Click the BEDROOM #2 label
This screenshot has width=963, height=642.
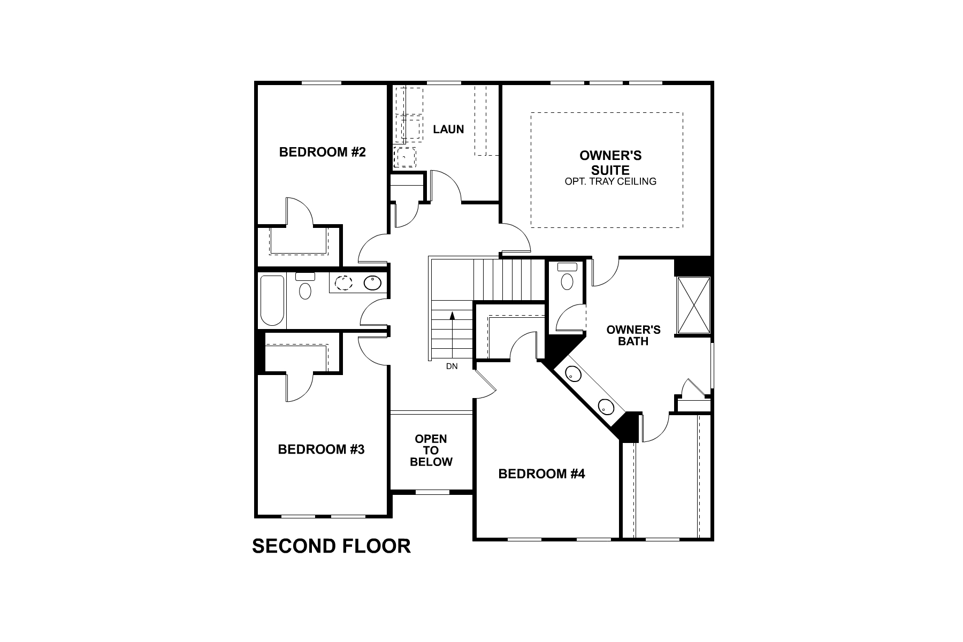point(322,152)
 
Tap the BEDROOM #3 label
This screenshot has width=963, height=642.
point(321,449)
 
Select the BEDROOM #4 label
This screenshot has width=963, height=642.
point(541,474)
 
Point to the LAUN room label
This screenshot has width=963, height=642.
point(448,129)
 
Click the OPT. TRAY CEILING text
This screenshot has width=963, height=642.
point(610,181)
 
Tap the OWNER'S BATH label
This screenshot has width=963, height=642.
point(633,335)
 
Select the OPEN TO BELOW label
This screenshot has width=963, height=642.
point(431,450)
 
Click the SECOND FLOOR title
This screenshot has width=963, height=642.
point(331,546)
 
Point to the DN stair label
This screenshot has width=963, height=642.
point(452,366)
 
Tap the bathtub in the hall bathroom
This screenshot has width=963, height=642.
point(272,300)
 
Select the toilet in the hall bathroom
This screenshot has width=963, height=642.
point(305,287)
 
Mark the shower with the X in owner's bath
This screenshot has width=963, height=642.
point(693,305)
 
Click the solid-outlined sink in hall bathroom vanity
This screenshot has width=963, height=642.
point(372,282)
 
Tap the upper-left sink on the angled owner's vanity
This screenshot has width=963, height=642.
point(573,374)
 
